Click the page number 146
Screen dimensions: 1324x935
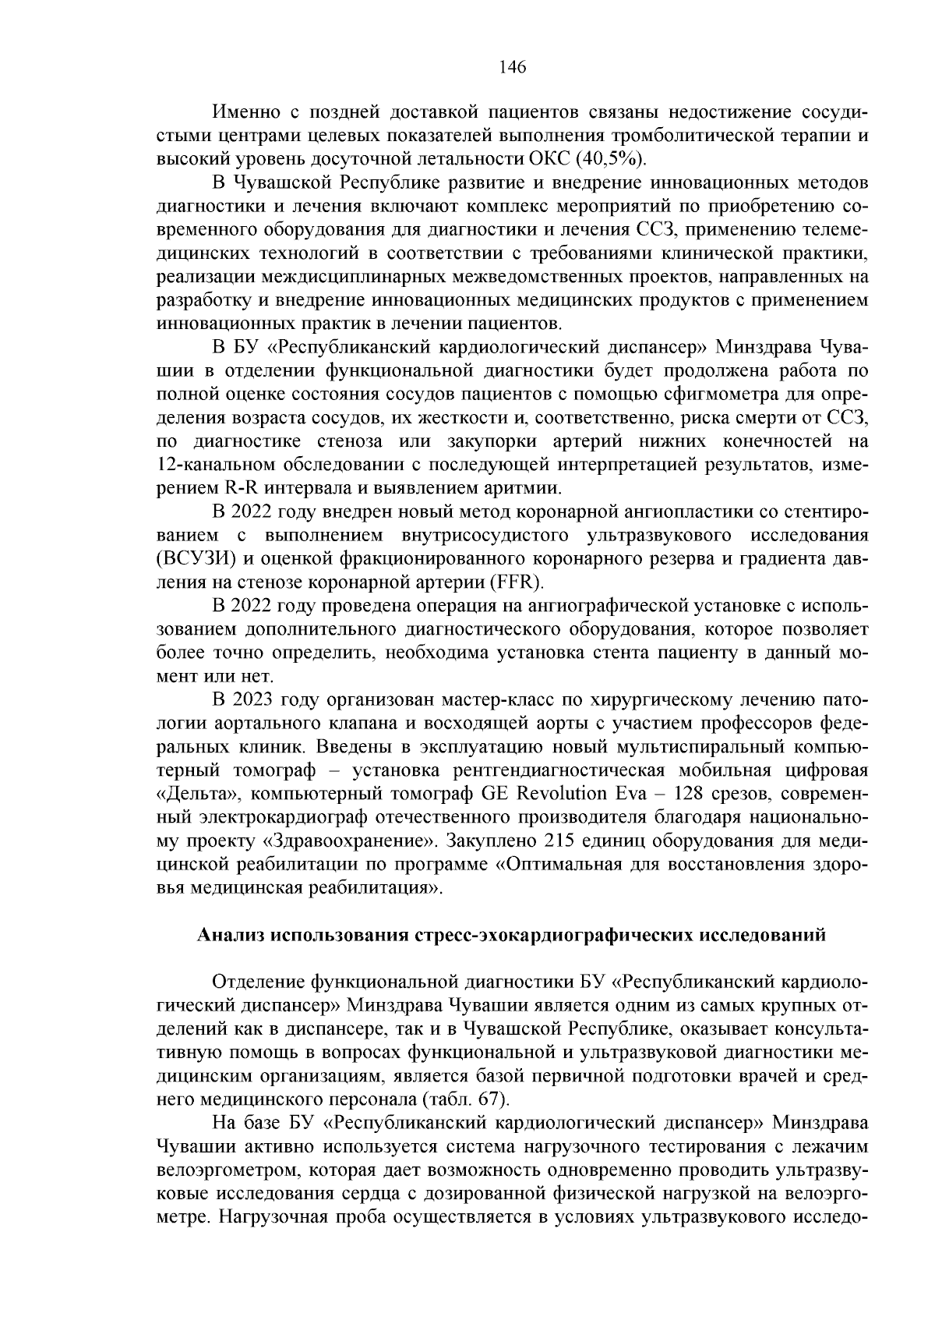pos(513,67)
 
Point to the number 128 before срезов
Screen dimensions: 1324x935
pos(679,794)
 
